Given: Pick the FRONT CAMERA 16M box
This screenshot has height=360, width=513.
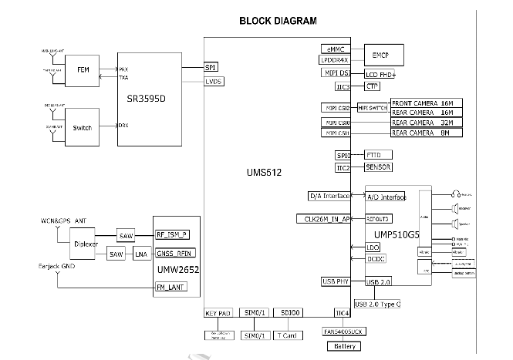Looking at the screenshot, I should (x=426, y=103).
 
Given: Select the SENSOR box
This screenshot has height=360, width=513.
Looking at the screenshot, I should (x=378, y=167).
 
